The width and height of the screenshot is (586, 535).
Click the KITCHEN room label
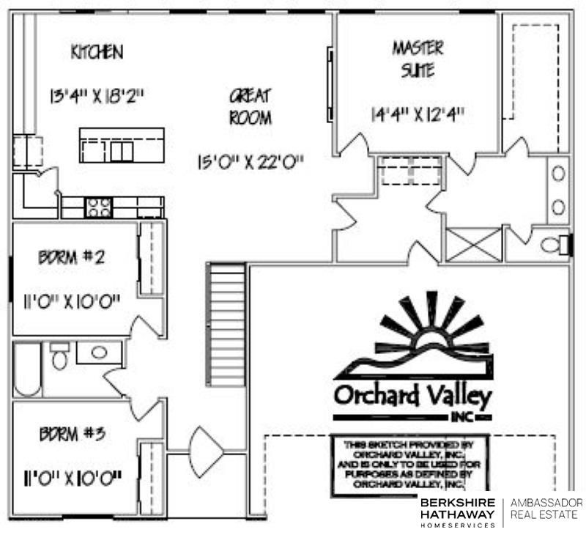96,53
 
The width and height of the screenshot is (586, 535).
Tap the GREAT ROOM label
251,106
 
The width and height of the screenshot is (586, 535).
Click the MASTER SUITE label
418,59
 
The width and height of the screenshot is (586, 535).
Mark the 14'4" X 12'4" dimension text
418,114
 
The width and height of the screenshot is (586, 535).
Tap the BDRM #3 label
72,434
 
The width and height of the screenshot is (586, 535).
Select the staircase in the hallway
226,323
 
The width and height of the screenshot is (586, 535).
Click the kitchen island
122,145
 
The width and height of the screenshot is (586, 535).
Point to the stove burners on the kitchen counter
98,207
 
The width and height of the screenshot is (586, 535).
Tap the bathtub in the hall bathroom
28,369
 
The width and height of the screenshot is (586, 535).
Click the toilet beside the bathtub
59,358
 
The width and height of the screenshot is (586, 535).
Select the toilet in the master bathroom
555,244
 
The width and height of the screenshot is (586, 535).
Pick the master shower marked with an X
474,244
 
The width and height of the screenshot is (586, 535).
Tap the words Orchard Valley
412,396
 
